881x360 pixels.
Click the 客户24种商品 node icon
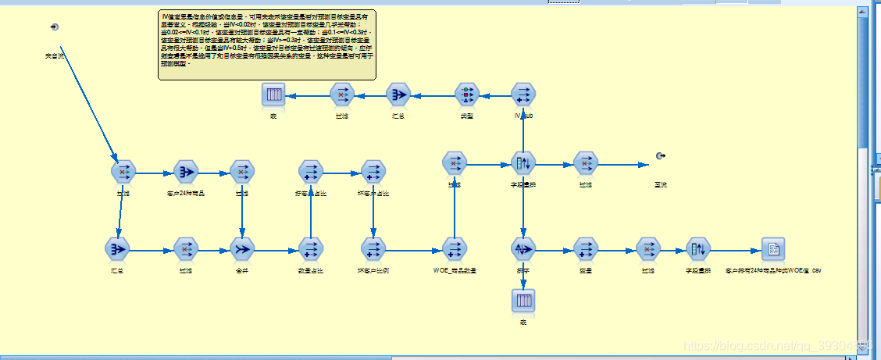point(187,171)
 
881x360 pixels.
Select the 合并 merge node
point(242,249)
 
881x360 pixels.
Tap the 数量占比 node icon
point(310,249)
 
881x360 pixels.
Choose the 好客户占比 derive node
point(310,171)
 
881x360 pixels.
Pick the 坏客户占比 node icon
point(373,171)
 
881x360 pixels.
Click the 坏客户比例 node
point(373,249)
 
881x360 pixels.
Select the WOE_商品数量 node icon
point(454,249)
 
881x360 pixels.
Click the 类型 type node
point(466,94)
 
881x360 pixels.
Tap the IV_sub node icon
point(523,94)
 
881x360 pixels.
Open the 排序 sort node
point(523,249)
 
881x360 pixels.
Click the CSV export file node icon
point(772,249)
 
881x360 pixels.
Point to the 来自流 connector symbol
point(54,28)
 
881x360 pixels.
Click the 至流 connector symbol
point(661,156)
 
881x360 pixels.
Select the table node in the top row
point(273,94)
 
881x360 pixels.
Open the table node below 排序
point(523,300)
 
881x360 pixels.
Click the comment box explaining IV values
point(267,45)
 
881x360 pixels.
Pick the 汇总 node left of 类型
point(398,94)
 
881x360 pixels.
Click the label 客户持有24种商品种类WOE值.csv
point(773,270)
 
